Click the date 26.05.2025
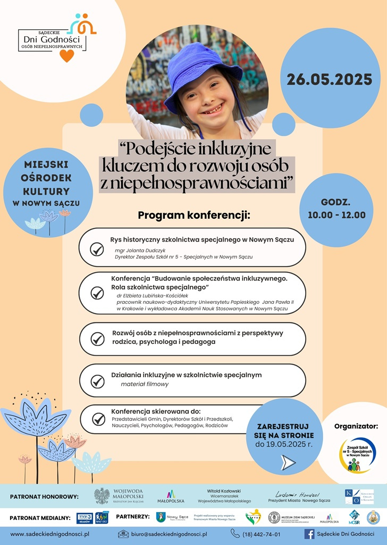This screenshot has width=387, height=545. pyautogui.click(x=330, y=80)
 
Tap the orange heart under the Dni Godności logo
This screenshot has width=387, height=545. pyautogui.click(x=66, y=55)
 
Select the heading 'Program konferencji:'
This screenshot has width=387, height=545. pyautogui.click(x=193, y=216)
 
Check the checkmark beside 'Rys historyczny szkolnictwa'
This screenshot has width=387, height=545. pyautogui.click(x=97, y=249)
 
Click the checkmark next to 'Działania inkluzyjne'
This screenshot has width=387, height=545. pyautogui.click(x=97, y=381)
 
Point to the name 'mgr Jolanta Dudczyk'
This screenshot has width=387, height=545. pyautogui.click(x=140, y=249)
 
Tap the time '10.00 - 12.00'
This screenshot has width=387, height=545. pyautogui.click(x=336, y=215)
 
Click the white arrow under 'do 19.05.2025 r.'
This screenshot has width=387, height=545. pyautogui.click(x=288, y=463)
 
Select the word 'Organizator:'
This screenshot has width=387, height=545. pyautogui.click(x=356, y=426)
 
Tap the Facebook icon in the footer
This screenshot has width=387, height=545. pyautogui.click(x=309, y=533)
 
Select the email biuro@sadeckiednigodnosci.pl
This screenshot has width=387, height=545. pyautogui.click(x=169, y=534)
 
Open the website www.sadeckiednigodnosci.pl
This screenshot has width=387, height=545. pyautogui.click(x=50, y=534)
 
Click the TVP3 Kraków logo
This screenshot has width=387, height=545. pyautogui.click(x=85, y=517)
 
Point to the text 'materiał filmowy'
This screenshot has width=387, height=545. pyautogui.click(x=145, y=384)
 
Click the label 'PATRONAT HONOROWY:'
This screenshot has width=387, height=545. pyautogui.click(x=44, y=497)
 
